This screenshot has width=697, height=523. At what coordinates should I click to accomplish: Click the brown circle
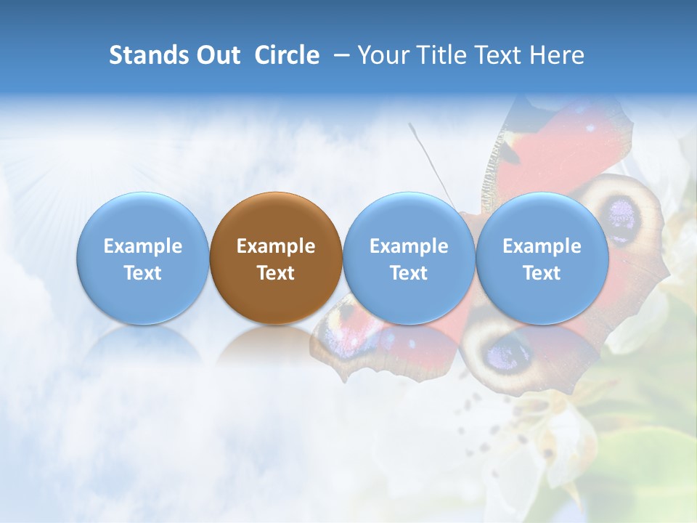(276, 258)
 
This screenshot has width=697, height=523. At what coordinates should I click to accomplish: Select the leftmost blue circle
(143, 258)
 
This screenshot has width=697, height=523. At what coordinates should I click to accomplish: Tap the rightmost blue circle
(542, 258)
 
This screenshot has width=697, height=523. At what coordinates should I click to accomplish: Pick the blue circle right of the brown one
(409, 258)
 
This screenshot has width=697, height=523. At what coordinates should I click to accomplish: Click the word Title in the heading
(438, 55)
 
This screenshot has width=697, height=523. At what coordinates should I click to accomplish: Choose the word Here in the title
(558, 55)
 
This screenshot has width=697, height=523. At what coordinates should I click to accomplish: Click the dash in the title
(338, 55)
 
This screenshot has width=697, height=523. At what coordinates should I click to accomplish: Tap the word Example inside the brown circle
(276, 246)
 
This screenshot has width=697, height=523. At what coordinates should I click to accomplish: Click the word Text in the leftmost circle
(143, 273)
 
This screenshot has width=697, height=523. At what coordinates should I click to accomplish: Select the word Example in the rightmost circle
(542, 246)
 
